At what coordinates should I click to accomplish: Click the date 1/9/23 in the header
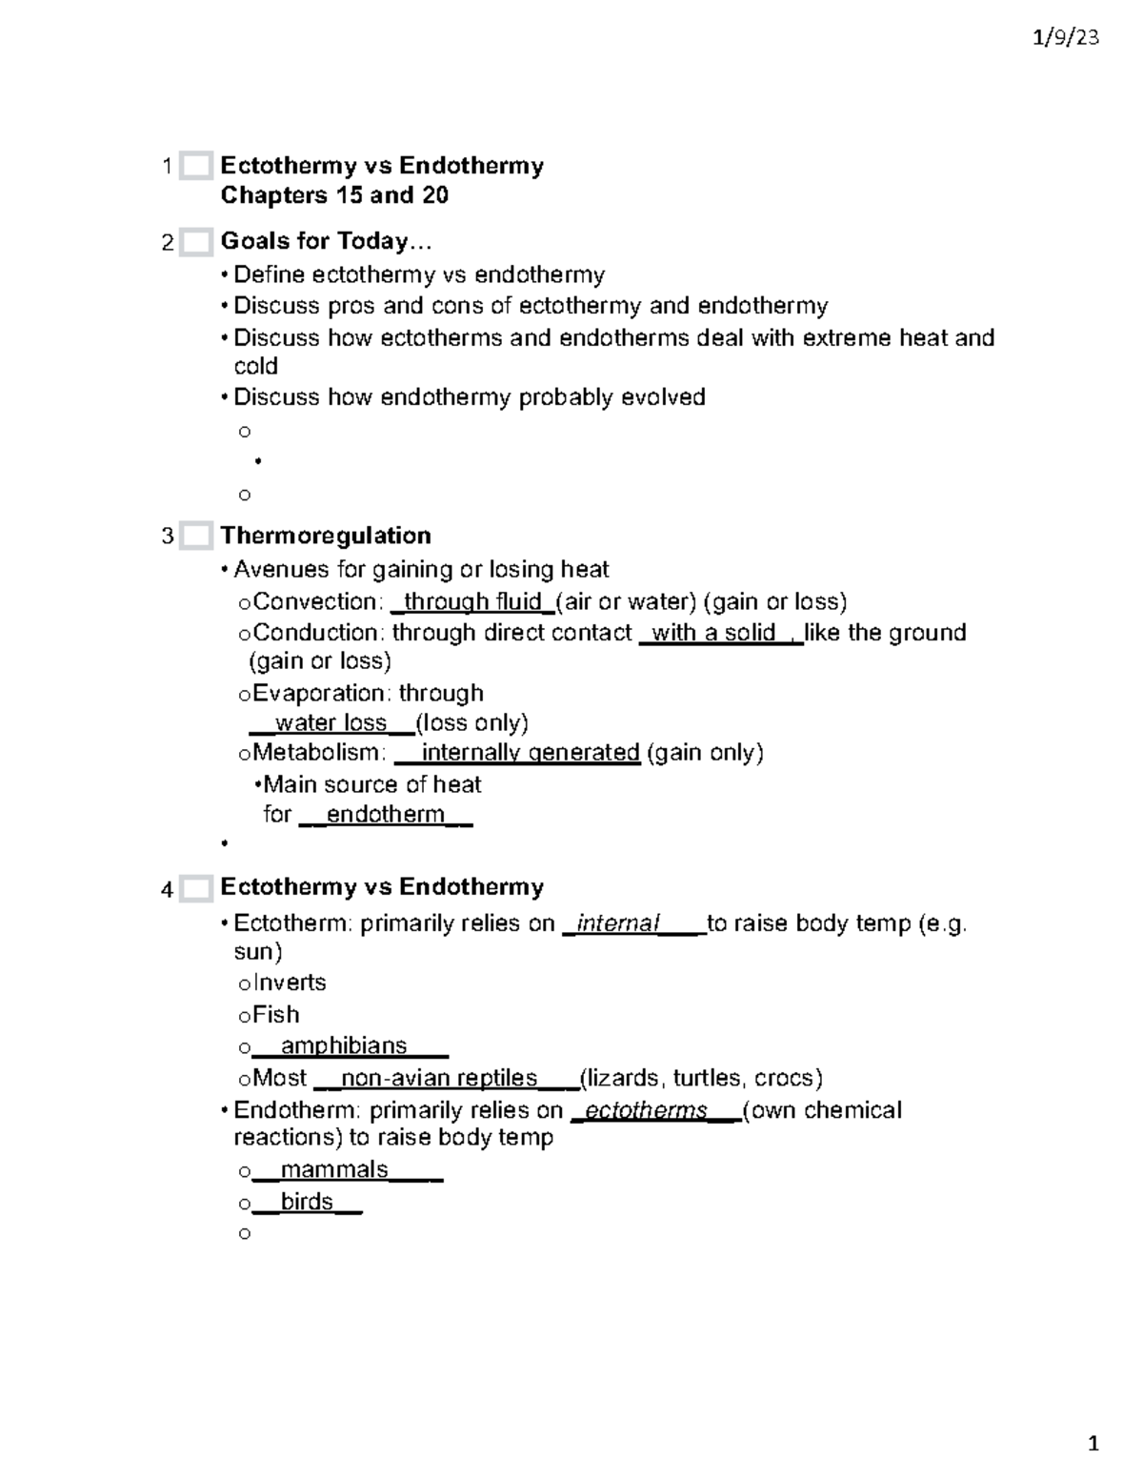pyautogui.click(x=1066, y=38)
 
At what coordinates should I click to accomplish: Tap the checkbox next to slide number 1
pyautogui.click(x=195, y=166)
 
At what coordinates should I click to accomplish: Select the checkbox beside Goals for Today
pyautogui.click(x=195, y=242)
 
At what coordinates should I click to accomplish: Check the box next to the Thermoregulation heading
pyautogui.click(x=195, y=537)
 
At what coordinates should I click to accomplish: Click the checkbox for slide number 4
pyautogui.click(x=195, y=888)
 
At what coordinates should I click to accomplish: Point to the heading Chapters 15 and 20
pyautogui.click(x=334, y=195)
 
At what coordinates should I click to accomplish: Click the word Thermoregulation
pyautogui.click(x=326, y=536)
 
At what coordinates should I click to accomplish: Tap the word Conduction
pyautogui.click(x=317, y=633)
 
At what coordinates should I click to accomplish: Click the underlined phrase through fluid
pyautogui.click(x=472, y=602)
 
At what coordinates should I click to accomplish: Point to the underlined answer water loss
pyautogui.click(x=331, y=722)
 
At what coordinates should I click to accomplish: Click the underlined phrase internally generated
pyautogui.click(x=530, y=753)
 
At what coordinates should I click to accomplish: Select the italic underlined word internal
pyautogui.click(x=618, y=923)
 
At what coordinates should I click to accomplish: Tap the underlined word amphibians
pyautogui.click(x=343, y=1045)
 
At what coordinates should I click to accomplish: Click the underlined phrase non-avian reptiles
pyautogui.click(x=439, y=1078)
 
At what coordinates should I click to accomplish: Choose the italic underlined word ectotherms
pyautogui.click(x=646, y=1110)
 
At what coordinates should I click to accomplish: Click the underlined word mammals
pyautogui.click(x=333, y=1169)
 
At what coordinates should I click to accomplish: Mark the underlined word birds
pyautogui.click(x=307, y=1202)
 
